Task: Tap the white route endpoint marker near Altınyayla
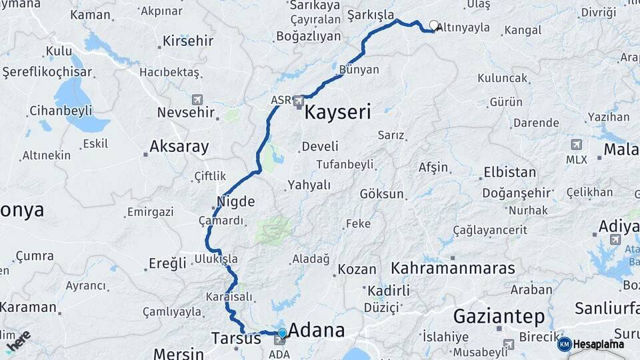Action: [434, 25]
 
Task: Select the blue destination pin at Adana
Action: [282, 333]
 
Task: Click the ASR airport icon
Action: [299, 101]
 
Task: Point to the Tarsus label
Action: [236, 338]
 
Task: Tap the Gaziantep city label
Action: [499, 316]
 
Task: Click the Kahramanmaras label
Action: [453, 268]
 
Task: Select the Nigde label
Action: [235, 201]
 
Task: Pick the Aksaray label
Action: [179, 147]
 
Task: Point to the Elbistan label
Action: [509, 172]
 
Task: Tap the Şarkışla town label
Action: [371, 15]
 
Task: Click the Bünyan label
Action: [359, 69]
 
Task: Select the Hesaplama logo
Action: [591, 344]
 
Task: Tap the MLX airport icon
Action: [576, 145]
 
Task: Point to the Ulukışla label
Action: [215, 259]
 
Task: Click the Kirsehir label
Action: [187, 41]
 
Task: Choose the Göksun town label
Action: [382, 194]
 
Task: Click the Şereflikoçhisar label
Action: [47, 71]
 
